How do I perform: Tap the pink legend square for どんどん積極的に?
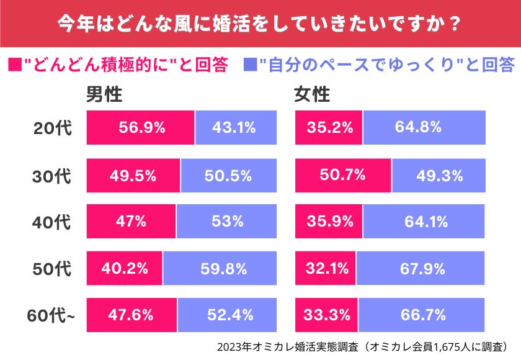pos(13,64)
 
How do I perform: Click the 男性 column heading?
pos(104,94)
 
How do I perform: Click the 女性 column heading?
pos(312,94)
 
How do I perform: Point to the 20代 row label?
pos(53,128)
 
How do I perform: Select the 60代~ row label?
pos(51,315)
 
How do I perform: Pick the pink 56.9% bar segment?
pos(141,128)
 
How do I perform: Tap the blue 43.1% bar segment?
pos(234,128)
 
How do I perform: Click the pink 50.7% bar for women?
pos(343,176)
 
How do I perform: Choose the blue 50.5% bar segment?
pos(228,176)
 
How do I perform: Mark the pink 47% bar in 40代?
pos(131,222)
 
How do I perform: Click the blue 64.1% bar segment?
pos(424,222)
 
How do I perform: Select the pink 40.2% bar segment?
pos(125,269)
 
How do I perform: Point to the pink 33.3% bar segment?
pos(326,315)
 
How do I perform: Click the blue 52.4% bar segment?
pos(225,315)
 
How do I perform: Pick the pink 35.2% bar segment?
pos(329,128)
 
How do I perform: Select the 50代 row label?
pos(53,269)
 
